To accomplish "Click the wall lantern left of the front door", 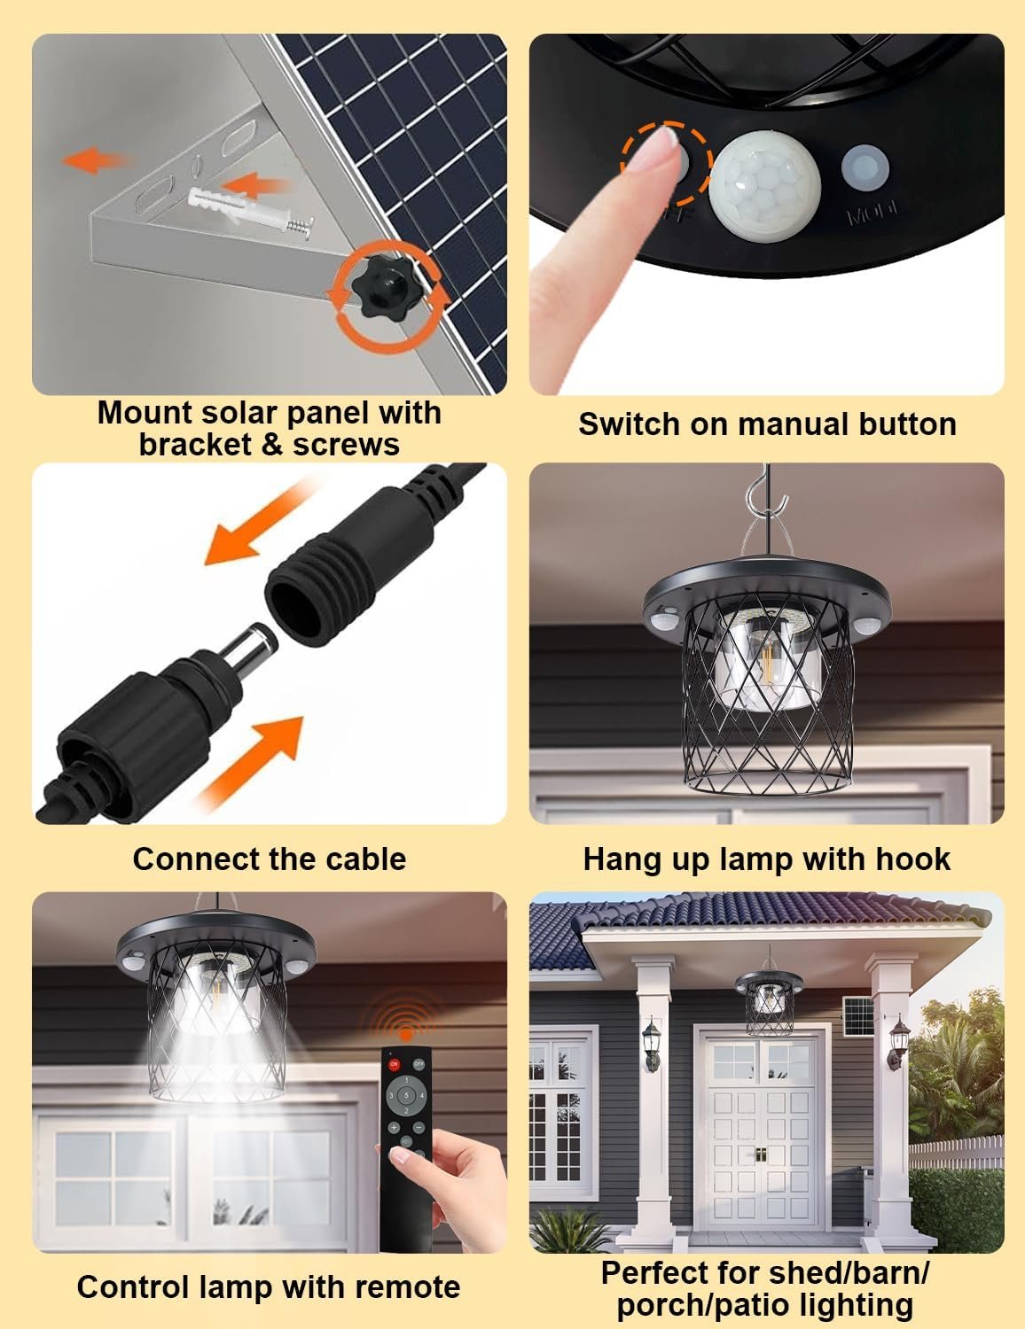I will pyautogui.click(x=653, y=1043).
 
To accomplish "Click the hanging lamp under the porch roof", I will pyautogui.click(x=768, y=1001).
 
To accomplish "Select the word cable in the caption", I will pyautogui.click(x=365, y=859).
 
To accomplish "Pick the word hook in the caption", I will pyautogui.click(x=913, y=859).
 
